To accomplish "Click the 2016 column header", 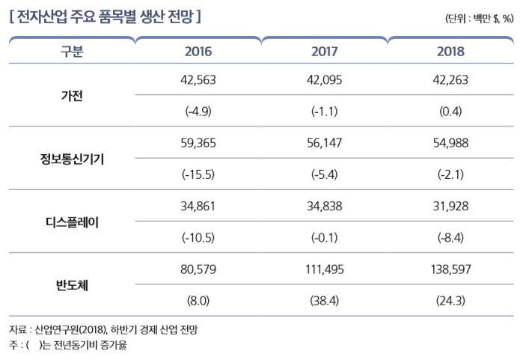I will [x=198, y=52].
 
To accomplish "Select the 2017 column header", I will [x=324, y=52].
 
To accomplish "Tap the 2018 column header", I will [x=450, y=52].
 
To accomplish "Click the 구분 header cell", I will [x=72, y=52].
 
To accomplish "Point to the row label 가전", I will [x=72, y=95].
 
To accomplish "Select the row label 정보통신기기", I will [x=72, y=159].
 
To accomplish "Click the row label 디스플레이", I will [x=72, y=222].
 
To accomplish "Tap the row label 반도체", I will [x=72, y=285].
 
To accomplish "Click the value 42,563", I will [x=198, y=80].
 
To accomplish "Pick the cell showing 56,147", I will [x=324, y=143].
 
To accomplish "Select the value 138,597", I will [x=450, y=269].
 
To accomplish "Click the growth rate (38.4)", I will [x=324, y=301].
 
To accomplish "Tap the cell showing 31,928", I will [x=450, y=207].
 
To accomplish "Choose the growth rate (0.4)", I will [x=450, y=112].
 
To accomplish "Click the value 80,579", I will [x=198, y=269].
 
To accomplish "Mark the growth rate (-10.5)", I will [x=198, y=238].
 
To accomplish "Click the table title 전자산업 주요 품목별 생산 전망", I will [x=105, y=16].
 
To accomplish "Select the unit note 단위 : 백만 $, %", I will [x=478, y=18].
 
